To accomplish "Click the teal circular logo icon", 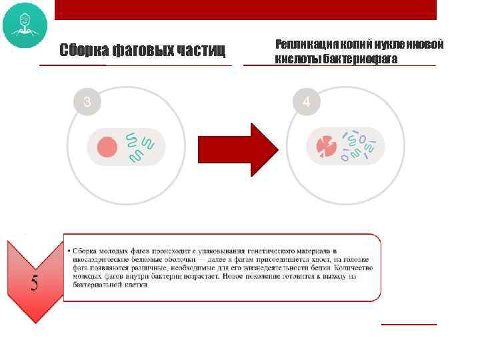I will click(x=25, y=25).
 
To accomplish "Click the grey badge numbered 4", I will click(x=306, y=102).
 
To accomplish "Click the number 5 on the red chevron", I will click(x=34, y=283).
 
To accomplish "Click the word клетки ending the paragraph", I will click(x=135, y=285).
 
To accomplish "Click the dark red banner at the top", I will click(x=245, y=9).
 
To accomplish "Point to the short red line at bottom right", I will click(x=409, y=324).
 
